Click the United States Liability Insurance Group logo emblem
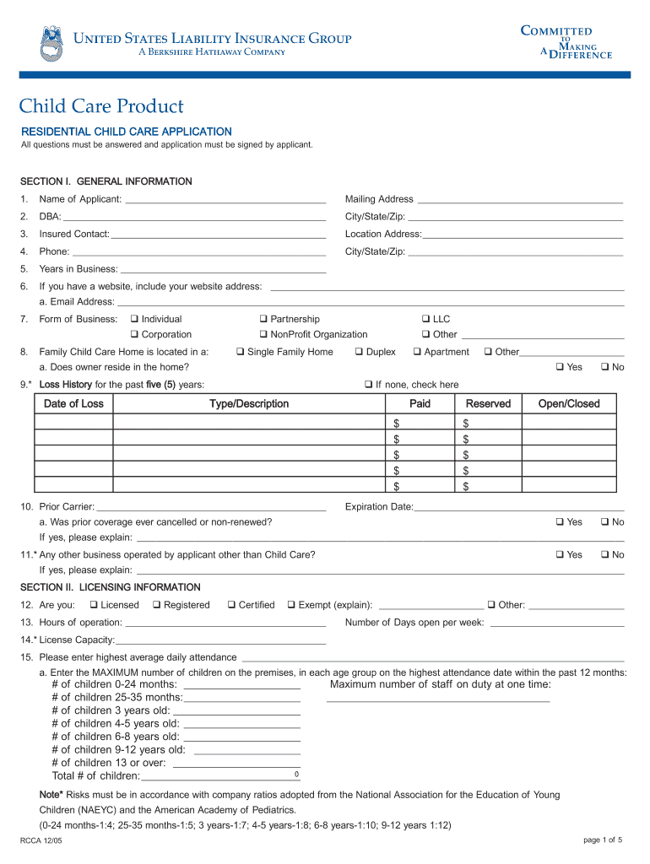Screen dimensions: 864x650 coord(51,44)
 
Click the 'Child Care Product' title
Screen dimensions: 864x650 coord(101,106)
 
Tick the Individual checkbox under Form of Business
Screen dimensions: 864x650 coord(134,319)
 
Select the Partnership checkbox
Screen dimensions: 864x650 coord(263,319)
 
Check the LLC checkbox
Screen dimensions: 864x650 coord(425,319)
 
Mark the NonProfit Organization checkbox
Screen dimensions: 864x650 coord(263,335)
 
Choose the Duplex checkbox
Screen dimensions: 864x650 coord(359,352)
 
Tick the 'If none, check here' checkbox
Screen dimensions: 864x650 coord(368,385)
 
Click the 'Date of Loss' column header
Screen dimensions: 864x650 coord(73,404)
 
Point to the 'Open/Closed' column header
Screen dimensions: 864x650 coord(568,404)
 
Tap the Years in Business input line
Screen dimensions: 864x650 coord(223,271)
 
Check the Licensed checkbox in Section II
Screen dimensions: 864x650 coord(94,605)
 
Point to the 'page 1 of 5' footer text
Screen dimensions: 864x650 coord(602,840)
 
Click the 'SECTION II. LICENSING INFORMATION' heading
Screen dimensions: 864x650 coord(111,587)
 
